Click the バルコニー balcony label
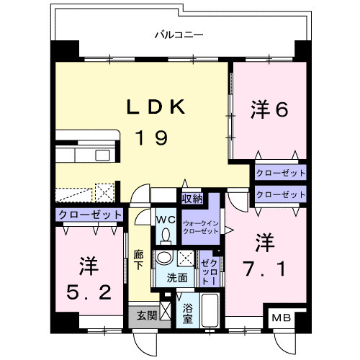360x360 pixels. [x=179, y=34]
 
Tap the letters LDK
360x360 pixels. [x=157, y=108]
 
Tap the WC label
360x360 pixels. [x=165, y=219]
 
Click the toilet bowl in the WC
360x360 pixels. [x=167, y=235]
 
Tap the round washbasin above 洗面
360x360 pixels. [x=166, y=258]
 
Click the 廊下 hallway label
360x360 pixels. [x=138, y=258]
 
